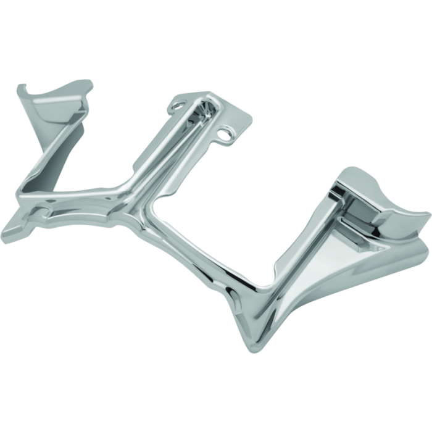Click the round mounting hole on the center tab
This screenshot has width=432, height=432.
233,133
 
